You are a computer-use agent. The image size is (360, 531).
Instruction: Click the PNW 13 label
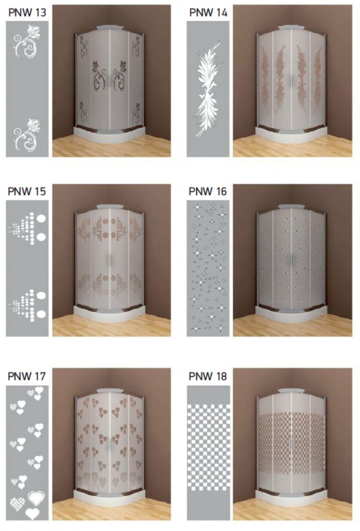[27, 12]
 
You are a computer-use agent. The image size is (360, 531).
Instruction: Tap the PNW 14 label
[208, 12]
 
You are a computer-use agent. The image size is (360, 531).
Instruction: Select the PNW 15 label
[27, 192]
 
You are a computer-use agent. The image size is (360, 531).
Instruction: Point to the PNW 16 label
[208, 192]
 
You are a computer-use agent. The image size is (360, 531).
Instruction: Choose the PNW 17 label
[27, 376]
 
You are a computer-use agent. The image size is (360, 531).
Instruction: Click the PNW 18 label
[208, 376]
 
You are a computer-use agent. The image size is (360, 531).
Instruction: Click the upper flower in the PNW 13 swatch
[26, 41]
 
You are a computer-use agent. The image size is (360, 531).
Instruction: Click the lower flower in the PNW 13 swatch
[26, 135]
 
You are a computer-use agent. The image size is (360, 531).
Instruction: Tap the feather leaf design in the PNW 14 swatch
[208, 90]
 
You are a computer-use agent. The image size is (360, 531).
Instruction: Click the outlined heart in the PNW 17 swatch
[36, 498]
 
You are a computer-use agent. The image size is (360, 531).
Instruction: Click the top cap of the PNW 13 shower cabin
[109, 28]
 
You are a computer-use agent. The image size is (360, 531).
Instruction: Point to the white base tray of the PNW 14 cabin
[291, 134]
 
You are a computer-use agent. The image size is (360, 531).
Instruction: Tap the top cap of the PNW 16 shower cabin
[290, 206]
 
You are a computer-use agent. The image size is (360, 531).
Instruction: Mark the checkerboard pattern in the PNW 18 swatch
[208, 447]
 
